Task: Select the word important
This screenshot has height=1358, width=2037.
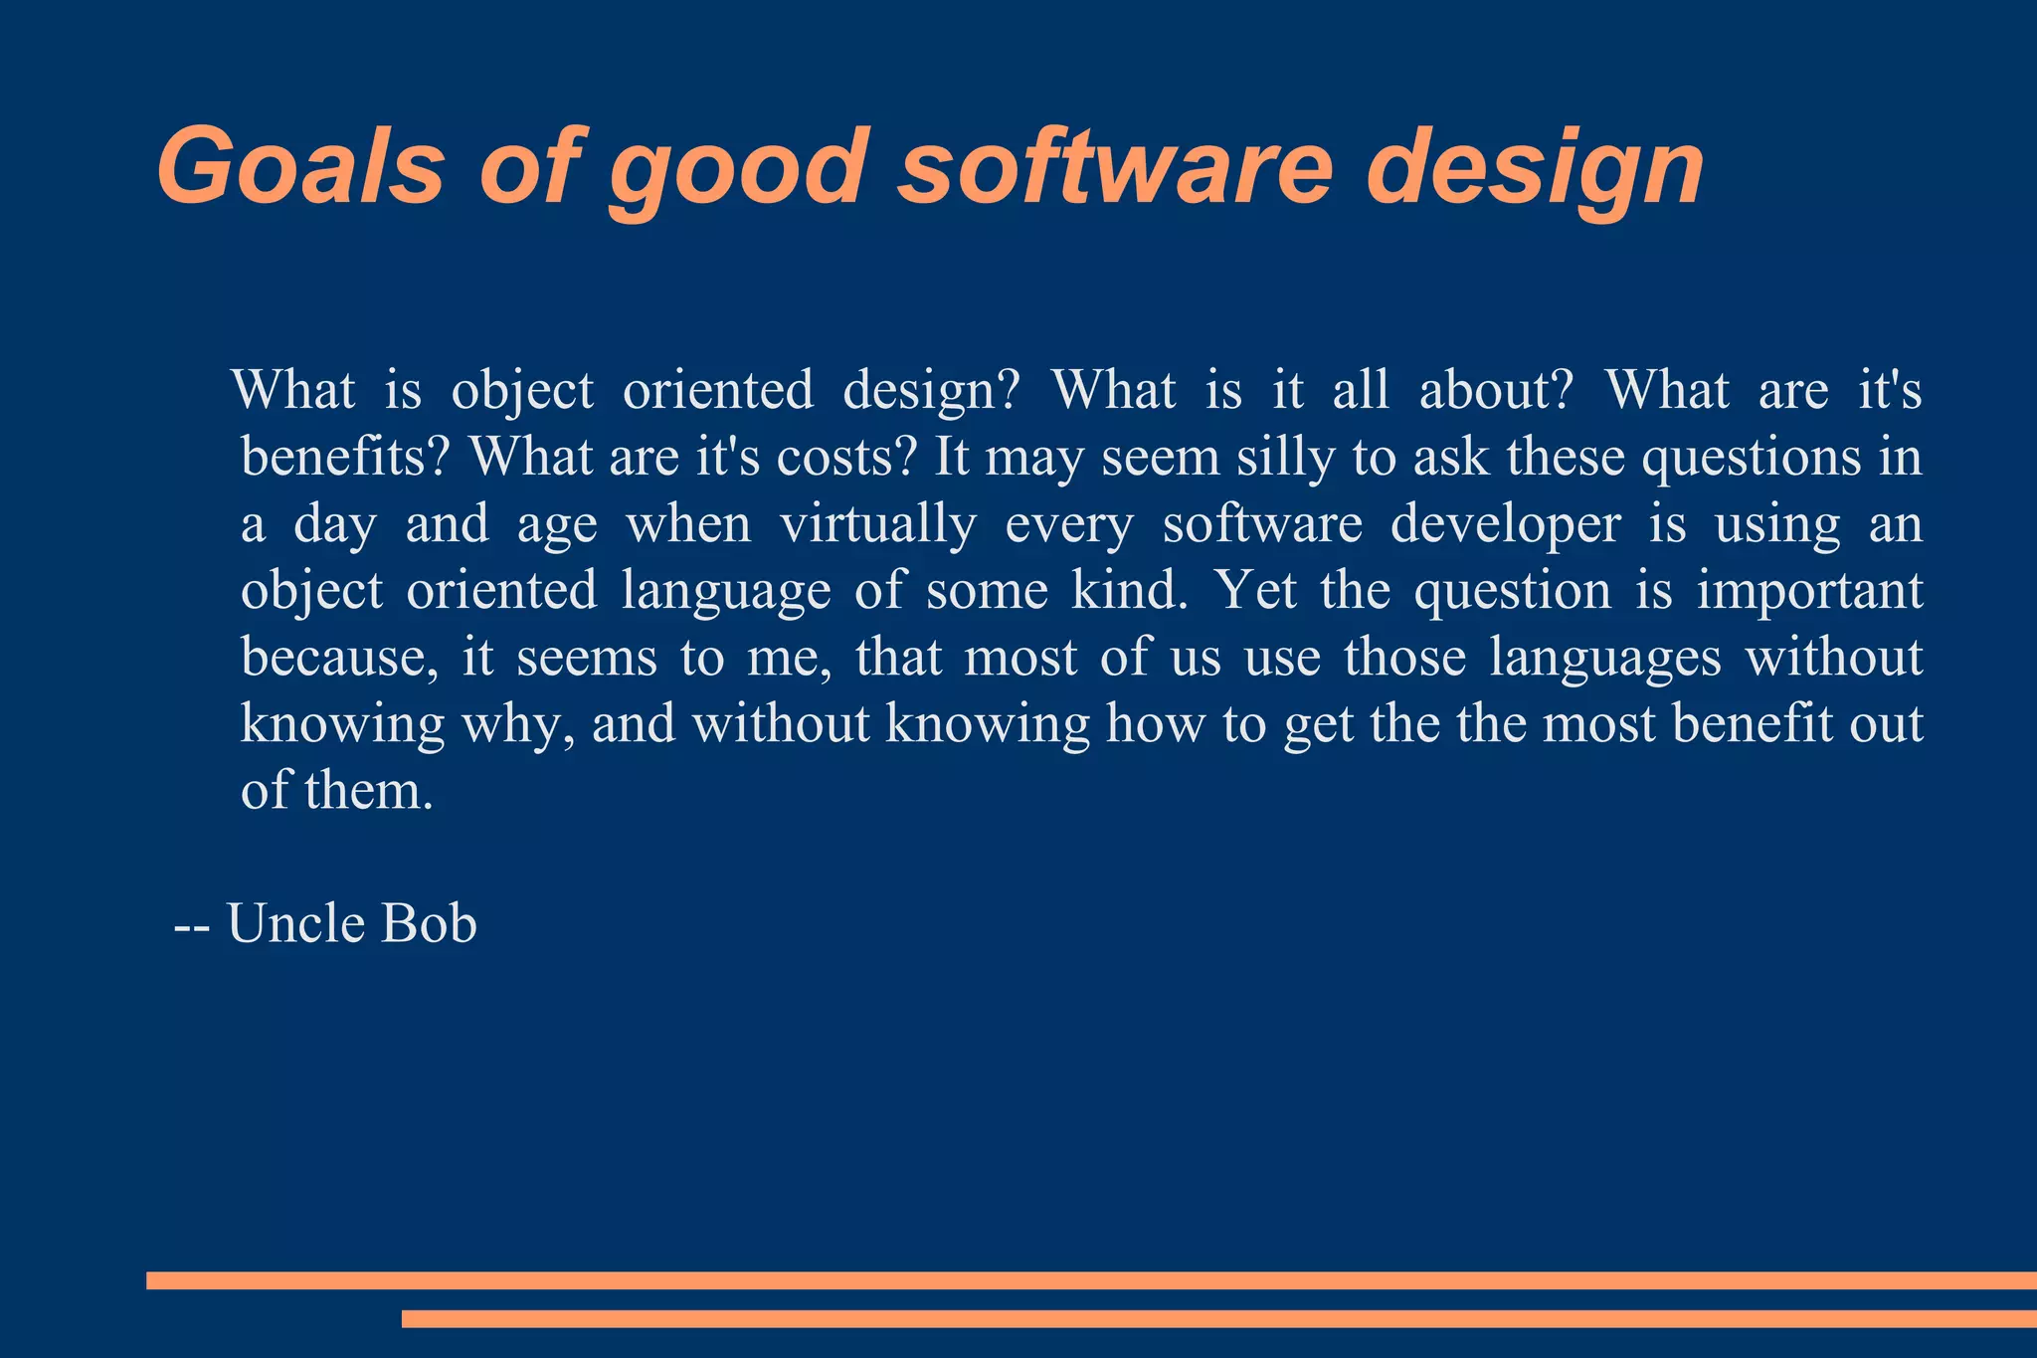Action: coord(1809,592)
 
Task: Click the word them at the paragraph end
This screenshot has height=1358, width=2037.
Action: coord(368,791)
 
